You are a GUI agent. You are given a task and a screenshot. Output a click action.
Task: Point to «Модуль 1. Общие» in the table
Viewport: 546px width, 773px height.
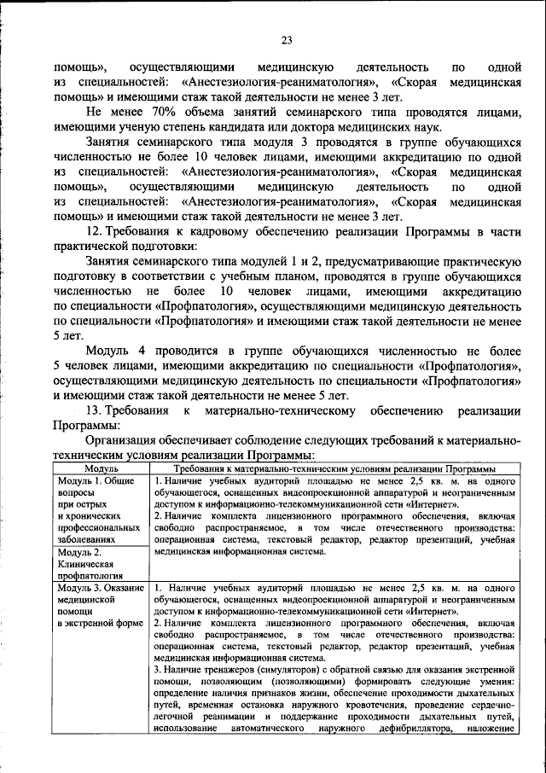[x=97, y=480]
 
